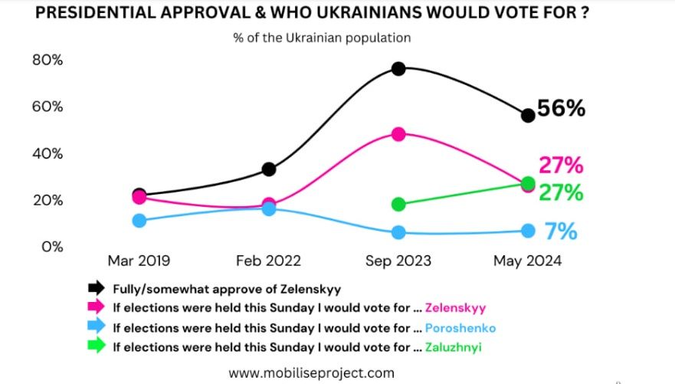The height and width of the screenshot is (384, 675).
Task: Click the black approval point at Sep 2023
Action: pyautogui.click(x=398, y=68)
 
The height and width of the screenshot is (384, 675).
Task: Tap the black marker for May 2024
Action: pyautogui.click(x=527, y=115)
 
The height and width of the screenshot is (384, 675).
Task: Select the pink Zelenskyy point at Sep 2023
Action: pyautogui.click(x=398, y=134)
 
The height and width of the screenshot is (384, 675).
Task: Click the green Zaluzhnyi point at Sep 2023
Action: pyautogui.click(x=398, y=204)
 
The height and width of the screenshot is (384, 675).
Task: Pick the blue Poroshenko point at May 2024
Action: pyautogui.click(x=528, y=231)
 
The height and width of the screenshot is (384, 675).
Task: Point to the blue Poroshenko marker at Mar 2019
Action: pyautogui.click(x=139, y=221)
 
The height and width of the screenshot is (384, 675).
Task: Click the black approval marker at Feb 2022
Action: pyautogui.click(x=269, y=169)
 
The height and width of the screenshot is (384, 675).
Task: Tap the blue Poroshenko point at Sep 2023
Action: pyautogui.click(x=398, y=232)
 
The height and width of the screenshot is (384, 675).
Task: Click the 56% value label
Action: pyautogui.click(x=561, y=109)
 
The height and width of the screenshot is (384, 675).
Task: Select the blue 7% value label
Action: pyautogui.click(x=561, y=231)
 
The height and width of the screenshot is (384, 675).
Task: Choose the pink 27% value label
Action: pyautogui.click(x=561, y=165)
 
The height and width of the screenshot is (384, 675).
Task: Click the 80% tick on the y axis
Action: pyautogui.click(x=47, y=60)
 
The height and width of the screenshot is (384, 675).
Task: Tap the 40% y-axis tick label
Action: pyautogui.click(x=47, y=153)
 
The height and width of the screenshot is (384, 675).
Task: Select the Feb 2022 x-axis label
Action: pyautogui.click(x=269, y=261)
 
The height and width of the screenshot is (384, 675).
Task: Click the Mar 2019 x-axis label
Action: pyautogui.click(x=139, y=261)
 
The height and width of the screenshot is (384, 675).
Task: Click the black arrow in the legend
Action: pyautogui.click(x=95, y=288)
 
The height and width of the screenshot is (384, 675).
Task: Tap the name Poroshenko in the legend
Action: pyautogui.click(x=463, y=328)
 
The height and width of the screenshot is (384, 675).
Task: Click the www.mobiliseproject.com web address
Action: pyautogui.click(x=311, y=373)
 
